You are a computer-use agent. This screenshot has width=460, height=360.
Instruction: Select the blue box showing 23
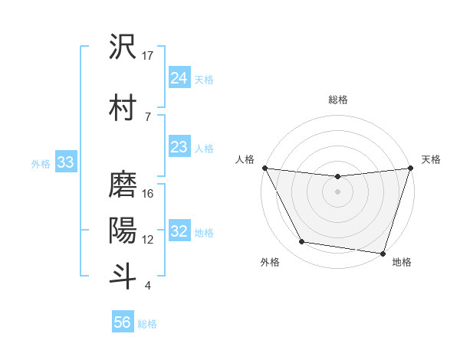click(179, 147)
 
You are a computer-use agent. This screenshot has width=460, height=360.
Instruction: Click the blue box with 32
click(179, 231)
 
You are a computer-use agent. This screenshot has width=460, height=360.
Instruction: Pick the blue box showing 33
click(65, 162)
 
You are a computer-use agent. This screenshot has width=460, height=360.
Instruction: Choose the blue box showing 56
click(123, 322)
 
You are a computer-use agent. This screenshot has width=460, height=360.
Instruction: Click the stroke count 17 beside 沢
click(148, 56)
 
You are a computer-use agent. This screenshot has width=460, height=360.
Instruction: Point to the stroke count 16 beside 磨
click(148, 194)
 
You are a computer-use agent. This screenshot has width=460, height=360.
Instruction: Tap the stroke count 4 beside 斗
click(147, 286)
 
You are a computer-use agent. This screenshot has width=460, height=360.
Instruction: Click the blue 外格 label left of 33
click(41, 163)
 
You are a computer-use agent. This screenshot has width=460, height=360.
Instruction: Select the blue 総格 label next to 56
click(147, 323)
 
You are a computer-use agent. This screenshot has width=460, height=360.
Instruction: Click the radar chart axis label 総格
click(338, 100)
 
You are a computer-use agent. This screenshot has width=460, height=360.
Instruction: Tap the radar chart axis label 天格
click(431, 159)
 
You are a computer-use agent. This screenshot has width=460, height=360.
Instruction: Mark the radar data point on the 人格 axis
click(265, 168)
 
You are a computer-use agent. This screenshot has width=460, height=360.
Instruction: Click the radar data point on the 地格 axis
click(383, 253)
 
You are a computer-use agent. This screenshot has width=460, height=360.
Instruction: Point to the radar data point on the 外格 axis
click(302, 242)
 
